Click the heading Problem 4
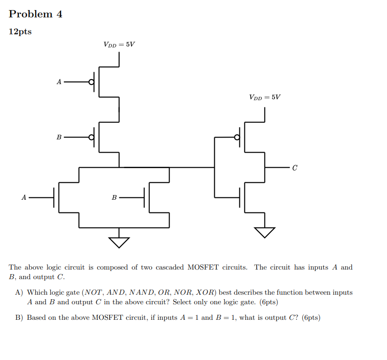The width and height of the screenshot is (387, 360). click(x=36, y=14)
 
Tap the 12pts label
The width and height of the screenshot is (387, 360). click(x=21, y=32)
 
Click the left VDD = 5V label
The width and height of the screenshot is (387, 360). click(x=119, y=44)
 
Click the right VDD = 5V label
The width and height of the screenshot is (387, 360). click(x=265, y=97)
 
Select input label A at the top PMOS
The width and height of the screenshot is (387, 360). click(x=58, y=82)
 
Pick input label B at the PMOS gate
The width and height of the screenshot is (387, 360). click(x=58, y=137)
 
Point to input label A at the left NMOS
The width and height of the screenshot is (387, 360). click(x=23, y=197)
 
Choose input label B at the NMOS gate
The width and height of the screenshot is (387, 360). click(x=114, y=197)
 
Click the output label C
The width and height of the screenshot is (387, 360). click(x=295, y=168)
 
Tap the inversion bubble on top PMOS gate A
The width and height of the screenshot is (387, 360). click(x=91, y=82)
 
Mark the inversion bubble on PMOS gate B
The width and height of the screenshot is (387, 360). click(x=91, y=137)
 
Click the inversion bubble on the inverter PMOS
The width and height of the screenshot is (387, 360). click(x=237, y=137)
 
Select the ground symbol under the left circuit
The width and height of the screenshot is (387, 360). click(x=119, y=241)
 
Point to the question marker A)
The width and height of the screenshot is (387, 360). click(x=19, y=292)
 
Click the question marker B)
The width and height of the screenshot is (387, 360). click(x=19, y=318)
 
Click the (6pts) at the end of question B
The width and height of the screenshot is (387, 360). click(x=311, y=318)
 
